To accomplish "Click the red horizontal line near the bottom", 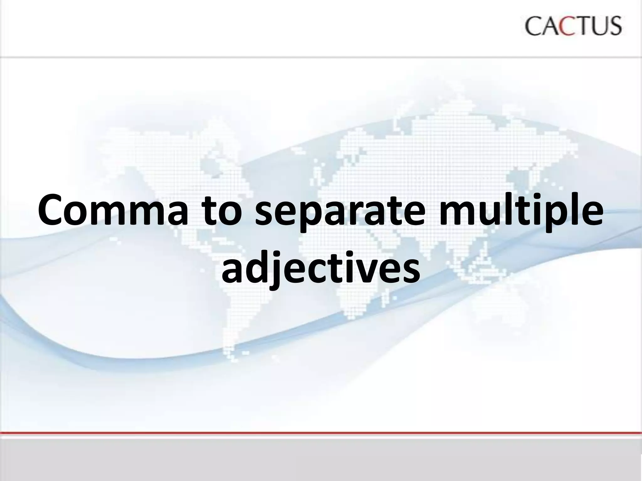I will click(x=321, y=433).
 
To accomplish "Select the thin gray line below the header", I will click(x=321, y=57).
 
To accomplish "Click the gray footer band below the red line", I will click(x=321, y=459).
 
